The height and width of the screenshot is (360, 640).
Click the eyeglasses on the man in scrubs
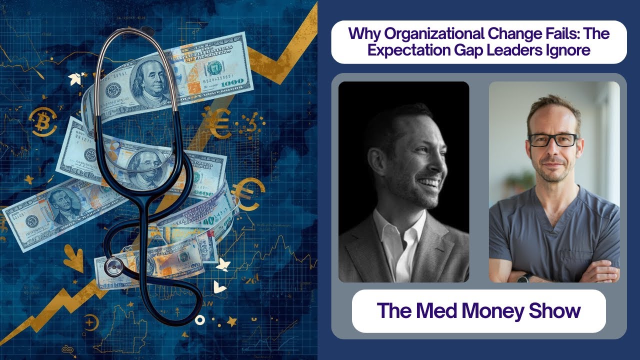[x=552, y=140]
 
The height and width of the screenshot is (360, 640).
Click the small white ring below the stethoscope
[x=200, y=319]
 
